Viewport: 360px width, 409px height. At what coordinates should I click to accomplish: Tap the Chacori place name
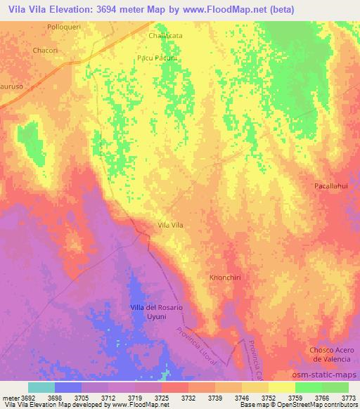point(44,51)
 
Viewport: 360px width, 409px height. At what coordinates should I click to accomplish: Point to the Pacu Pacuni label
point(157,58)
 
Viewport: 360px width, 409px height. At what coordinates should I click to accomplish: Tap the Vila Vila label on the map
point(171,225)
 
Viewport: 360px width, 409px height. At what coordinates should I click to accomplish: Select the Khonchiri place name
point(226,278)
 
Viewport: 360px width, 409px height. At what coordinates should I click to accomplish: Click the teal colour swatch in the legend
point(41,387)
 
